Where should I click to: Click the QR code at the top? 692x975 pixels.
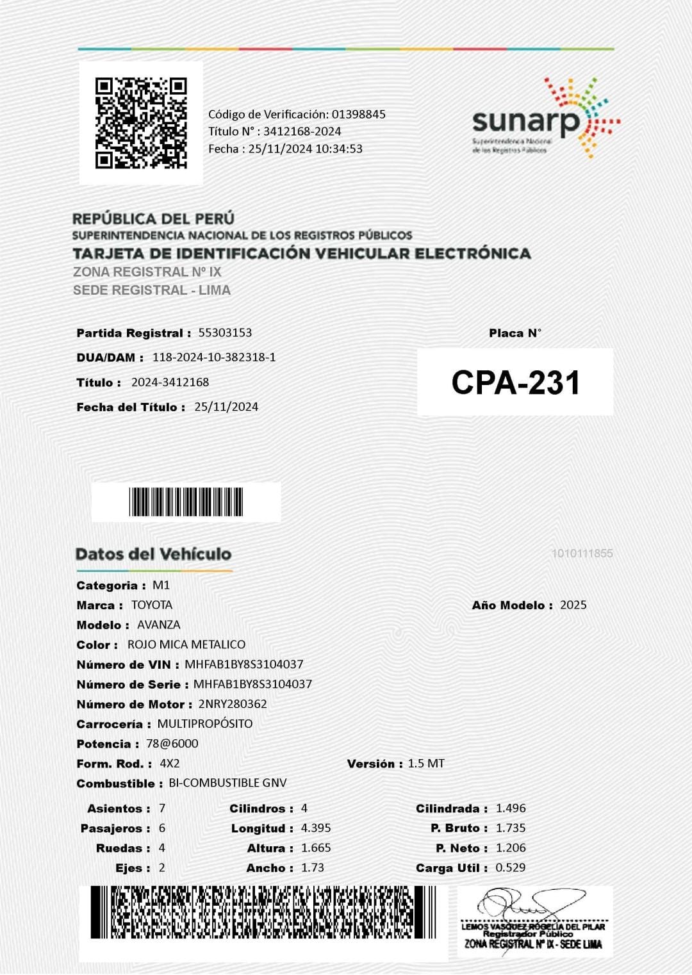[x=141, y=123]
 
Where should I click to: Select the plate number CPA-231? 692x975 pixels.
[x=515, y=382]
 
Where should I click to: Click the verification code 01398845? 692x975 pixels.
[x=358, y=115]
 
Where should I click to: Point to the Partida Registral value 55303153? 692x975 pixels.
[x=225, y=332]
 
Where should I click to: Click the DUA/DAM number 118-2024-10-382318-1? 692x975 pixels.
[x=214, y=357]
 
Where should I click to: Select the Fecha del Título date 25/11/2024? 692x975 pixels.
[x=226, y=407]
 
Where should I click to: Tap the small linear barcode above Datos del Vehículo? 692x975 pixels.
[x=186, y=502]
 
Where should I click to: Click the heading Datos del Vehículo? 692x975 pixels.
[x=153, y=554]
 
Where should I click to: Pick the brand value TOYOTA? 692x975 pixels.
[x=152, y=605]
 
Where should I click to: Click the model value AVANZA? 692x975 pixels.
[x=159, y=625]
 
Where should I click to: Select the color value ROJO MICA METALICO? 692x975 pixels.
[x=186, y=644]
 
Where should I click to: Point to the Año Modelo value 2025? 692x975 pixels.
[x=573, y=605]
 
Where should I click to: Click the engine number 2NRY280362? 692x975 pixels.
[x=233, y=704]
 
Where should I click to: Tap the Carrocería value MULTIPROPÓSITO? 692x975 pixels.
[x=205, y=724]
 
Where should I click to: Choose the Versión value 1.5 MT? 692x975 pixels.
[x=426, y=764]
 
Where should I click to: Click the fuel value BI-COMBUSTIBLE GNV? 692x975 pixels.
[x=227, y=783]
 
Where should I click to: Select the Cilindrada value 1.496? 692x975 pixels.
[x=511, y=808]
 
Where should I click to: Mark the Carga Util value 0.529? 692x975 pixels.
[x=511, y=868]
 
